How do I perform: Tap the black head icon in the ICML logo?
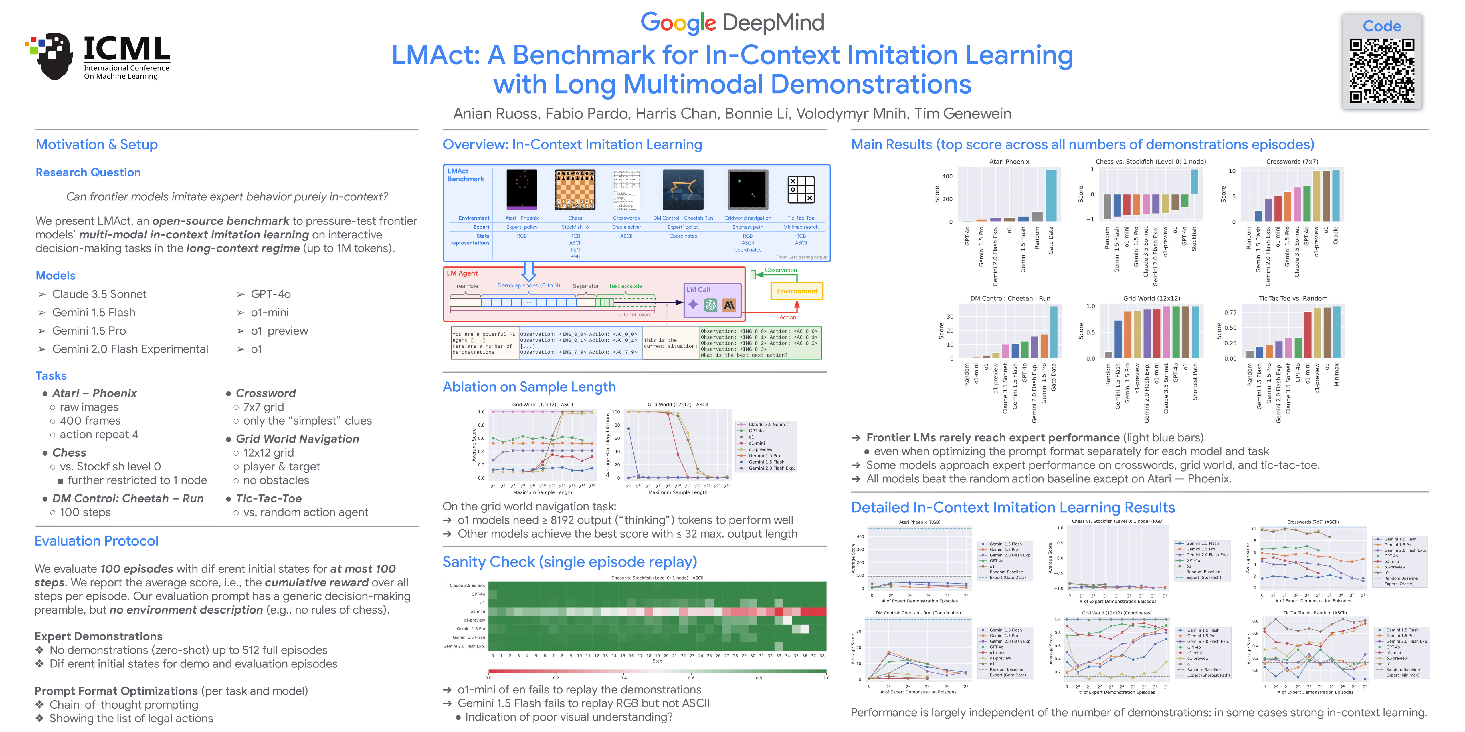pyautogui.click(x=54, y=57)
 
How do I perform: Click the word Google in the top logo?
pyautogui.click(x=678, y=23)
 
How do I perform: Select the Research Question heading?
pyautogui.click(x=88, y=172)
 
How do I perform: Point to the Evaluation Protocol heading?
pyautogui.click(x=97, y=541)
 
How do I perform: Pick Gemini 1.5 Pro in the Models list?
pyautogui.click(x=89, y=331)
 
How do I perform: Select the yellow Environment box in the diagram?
pyautogui.click(x=797, y=291)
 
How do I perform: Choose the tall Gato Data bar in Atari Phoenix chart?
pyautogui.click(x=1051, y=195)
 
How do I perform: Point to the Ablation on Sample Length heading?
pyautogui.click(x=529, y=387)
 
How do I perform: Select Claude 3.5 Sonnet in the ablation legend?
pyautogui.click(x=768, y=425)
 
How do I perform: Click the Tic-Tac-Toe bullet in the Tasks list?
pyautogui.click(x=268, y=498)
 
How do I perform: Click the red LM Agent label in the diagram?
pyautogui.click(x=462, y=273)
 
